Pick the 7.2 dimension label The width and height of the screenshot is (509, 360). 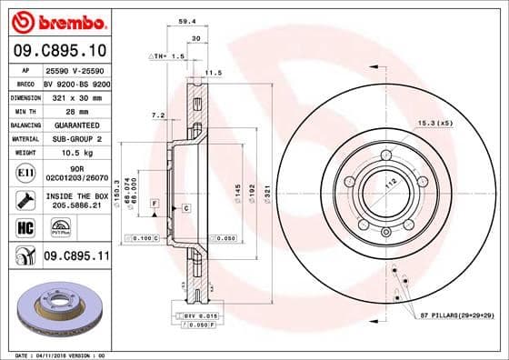(x=156, y=115)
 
